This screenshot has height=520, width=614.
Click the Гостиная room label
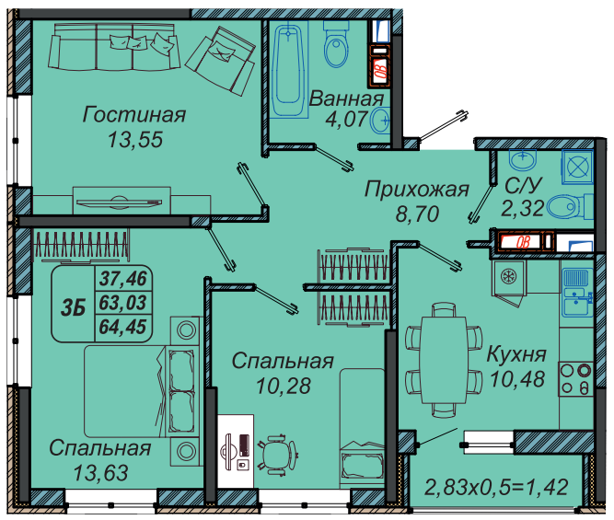coord(133,115)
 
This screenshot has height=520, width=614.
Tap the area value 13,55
coord(135,139)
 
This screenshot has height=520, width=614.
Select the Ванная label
coord(346,98)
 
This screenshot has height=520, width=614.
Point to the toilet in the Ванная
coord(336,44)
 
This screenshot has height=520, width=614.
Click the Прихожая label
coord(417,189)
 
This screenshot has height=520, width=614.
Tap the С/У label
coord(523,185)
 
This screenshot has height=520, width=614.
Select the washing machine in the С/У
coord(577,167)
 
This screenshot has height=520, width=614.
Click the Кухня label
coord(516,354)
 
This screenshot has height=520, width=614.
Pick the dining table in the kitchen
coord(444,360)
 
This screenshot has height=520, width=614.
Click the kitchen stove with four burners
coord(575,379)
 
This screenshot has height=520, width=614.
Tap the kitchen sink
coord(576,292)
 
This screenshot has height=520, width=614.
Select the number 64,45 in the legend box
coord(123,327)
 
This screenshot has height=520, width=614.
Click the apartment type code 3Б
coord(74,308)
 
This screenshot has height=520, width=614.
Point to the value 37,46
coord(123,278)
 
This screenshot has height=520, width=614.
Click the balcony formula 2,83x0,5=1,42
coord(496,487)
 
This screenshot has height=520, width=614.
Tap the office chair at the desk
coord(277,454)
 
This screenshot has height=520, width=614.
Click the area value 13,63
coord(100,473)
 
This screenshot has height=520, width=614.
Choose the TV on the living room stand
coord(119,202)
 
